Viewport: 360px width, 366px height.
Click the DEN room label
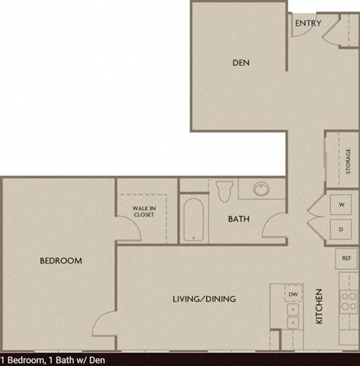[x=241, y=63]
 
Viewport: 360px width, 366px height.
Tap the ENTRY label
[x=307, y=23]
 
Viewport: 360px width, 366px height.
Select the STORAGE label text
[x=349, y=161]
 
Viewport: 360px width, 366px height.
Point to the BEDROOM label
[x=61, y=261]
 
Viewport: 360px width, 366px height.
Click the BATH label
[x=239, y=220]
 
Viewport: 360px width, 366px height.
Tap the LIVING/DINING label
[x=204, y=298]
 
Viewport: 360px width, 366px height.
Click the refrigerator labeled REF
[x=346, y=258]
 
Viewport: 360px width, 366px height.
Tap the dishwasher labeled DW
[x=293, y=294]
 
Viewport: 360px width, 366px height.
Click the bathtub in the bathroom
[x=194, y=219]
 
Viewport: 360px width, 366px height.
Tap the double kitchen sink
[x=292, y=317]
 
